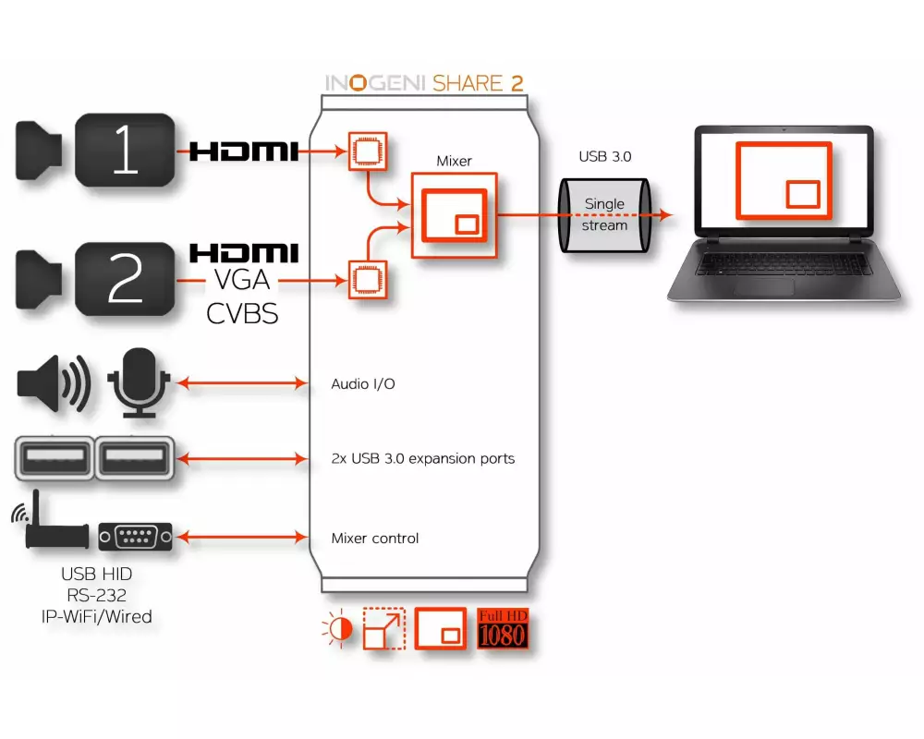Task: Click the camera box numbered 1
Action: [x=125, y=151]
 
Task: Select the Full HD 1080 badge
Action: [x=502, y=628]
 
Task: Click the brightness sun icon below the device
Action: [x=337, y=630]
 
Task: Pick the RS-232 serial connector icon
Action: [x=135, y=536]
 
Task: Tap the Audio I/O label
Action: [x=363, y=383]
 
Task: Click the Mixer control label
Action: [x=374, y=538]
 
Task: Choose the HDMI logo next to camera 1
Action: [x=243, y=151]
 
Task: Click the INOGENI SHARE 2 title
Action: [x=424, y=82]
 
